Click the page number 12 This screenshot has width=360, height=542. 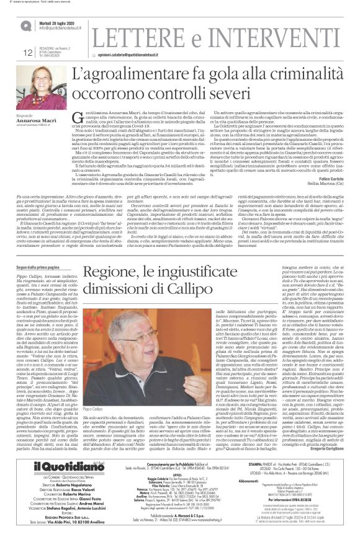[27, 54]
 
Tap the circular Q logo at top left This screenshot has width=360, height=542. [25, 26]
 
